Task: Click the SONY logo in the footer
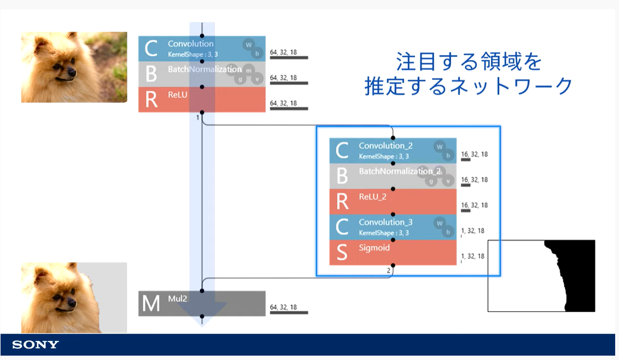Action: coord(36,345)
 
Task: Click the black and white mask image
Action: coord(541,276)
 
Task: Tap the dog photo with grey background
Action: coord(74,298)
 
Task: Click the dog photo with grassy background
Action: coord(74,67)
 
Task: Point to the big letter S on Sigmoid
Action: coord(342,253)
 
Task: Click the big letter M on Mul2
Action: coord(150,304)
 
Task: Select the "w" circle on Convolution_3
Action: coord(439,223)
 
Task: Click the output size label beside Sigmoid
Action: coord(473,256)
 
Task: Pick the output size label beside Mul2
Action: coord(283,307)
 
